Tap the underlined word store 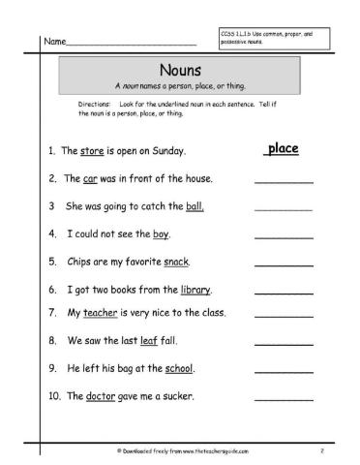coord(94,152)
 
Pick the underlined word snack coord(175,262)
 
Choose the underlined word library coord(195,290)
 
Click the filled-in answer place coord(281,149)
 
